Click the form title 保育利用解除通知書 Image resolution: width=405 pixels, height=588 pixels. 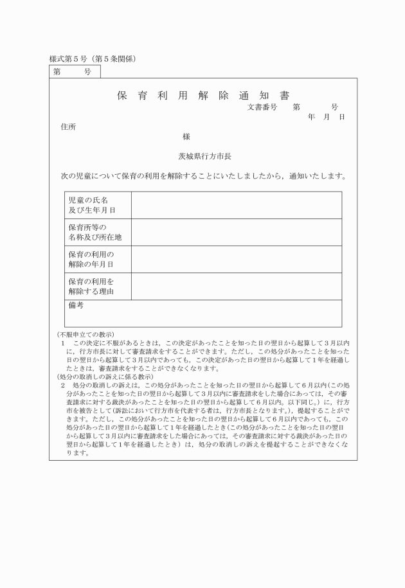pos(203,96)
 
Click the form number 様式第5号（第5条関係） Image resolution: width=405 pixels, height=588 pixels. pos(93,59)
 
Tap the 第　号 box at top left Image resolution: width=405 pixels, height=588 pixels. pos(73,72)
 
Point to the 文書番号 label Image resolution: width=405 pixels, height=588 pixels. pos(262,107)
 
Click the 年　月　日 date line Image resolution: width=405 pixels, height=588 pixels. pos(327,117)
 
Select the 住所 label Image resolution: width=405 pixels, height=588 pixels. pos(67,127)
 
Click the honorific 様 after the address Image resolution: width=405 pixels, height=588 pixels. pos(186,136)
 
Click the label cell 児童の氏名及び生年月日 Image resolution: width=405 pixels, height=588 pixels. pos(92,205)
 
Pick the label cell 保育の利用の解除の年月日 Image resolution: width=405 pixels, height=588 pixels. pos(91,259)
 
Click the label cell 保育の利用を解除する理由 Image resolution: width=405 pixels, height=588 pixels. pos(91,287)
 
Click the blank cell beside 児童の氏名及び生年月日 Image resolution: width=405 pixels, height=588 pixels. pos(236,205)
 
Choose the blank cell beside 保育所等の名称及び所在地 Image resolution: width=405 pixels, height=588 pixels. pos(236,232)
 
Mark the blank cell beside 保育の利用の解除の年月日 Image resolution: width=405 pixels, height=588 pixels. pos(236,259)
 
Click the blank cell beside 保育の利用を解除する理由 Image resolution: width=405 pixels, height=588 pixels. pos(236,287)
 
